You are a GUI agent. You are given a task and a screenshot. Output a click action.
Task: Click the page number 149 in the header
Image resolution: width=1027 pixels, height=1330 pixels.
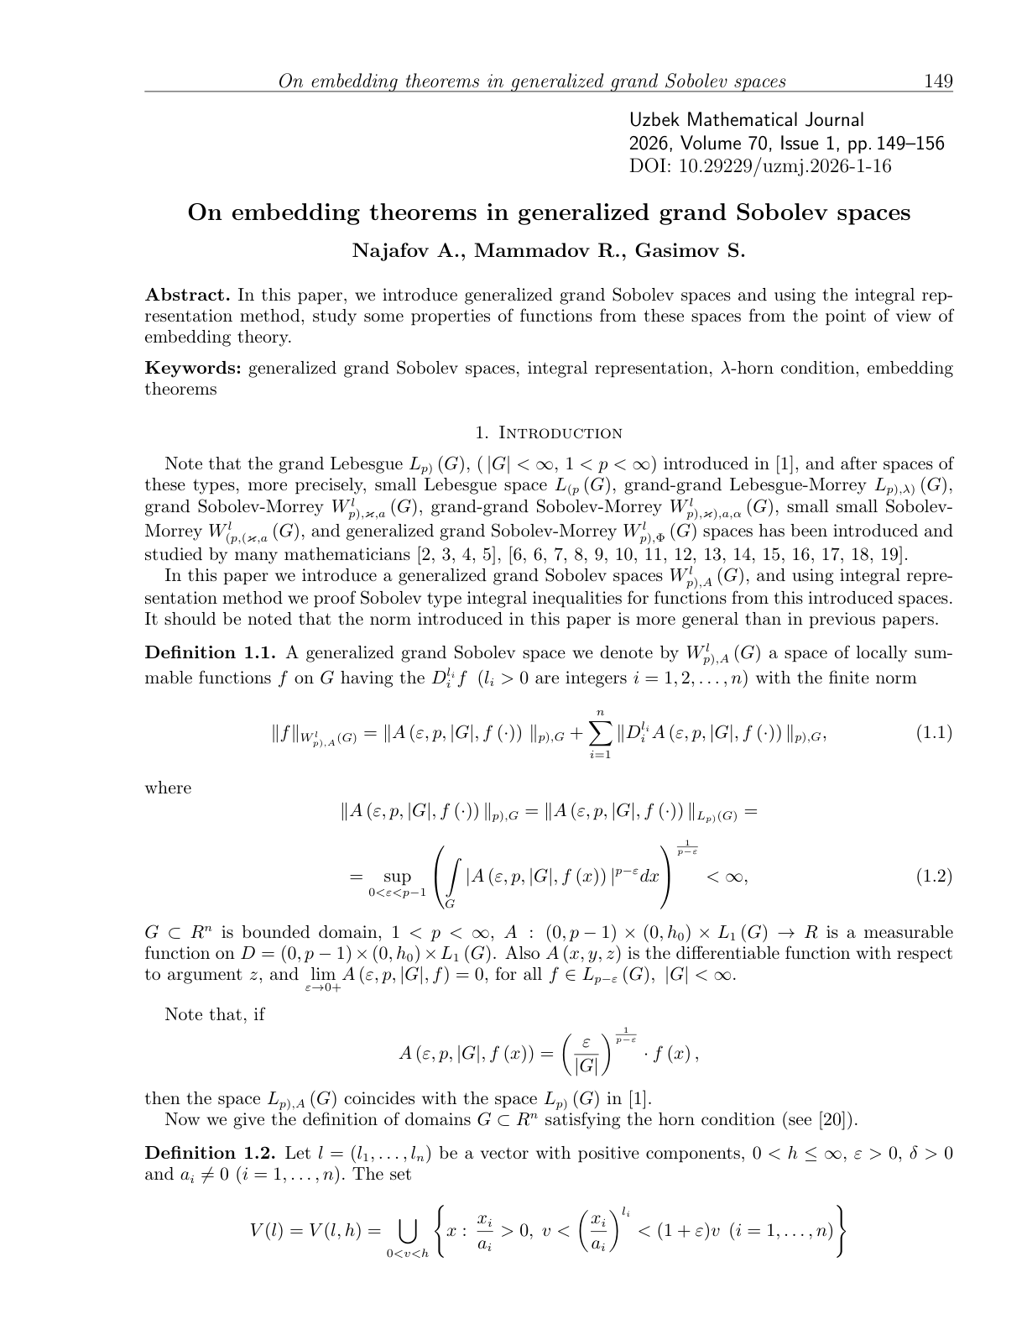938,81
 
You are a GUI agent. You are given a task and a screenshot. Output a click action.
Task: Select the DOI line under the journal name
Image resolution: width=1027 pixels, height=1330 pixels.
760,166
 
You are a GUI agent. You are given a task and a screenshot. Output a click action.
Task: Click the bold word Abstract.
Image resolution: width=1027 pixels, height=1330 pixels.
187,296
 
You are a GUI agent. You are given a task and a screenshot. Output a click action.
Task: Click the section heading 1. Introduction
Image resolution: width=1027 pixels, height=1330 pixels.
549,433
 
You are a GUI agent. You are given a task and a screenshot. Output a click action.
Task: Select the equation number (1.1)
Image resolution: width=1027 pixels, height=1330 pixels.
933,732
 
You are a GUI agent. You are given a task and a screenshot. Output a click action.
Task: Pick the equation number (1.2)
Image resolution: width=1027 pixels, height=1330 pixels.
933,877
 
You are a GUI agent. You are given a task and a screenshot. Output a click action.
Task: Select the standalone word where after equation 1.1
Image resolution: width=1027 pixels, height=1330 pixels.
168,788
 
